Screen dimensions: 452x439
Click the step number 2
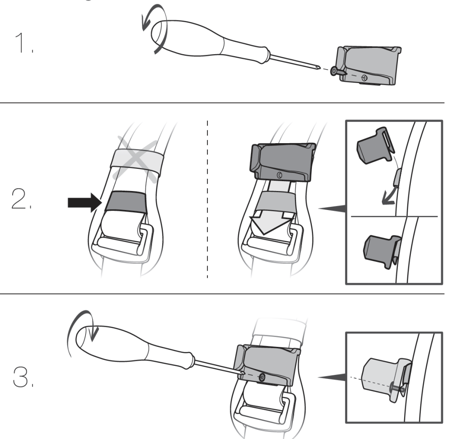[x=21, y=199]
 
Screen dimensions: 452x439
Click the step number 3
[x=23, y=377]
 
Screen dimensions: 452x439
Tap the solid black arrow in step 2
[x=85, y=202]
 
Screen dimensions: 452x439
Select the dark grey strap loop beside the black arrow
[x=126, y=201]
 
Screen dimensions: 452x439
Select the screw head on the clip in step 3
[x=262, y=377]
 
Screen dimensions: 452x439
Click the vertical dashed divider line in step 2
[x=207, y=199]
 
